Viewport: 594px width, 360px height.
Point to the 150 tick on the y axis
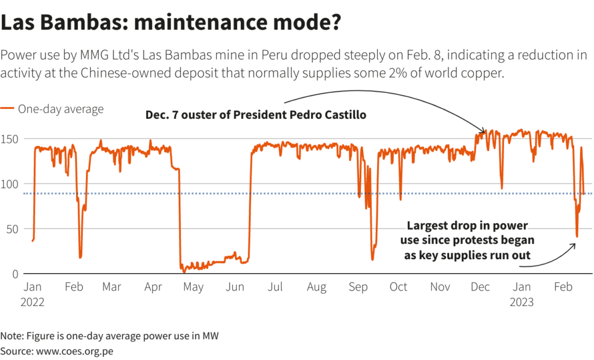pyautogui.click(x=12, y=139)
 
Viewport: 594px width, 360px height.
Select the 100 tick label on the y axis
pyautogui.click(x=12, y=184)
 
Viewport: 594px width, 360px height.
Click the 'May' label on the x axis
pyautogui.click(x=193, y=287)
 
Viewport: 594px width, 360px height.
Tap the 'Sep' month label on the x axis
pyautogui.click(x=358, y=287)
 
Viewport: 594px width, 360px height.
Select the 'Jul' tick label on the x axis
pyautogui.click(x=275, y=287)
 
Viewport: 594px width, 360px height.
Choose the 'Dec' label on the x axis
pyautogui.click(x=480, y=287)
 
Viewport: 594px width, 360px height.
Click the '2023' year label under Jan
pyautogui.click(x=521, y=302)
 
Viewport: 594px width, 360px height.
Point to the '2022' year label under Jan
pyautogui.click(x=33, y=302)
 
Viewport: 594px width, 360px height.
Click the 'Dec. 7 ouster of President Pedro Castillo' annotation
pyautogui.click(x=256, y=115)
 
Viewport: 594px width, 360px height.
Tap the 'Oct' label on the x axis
pyautogui.click(x=399, y=287)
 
